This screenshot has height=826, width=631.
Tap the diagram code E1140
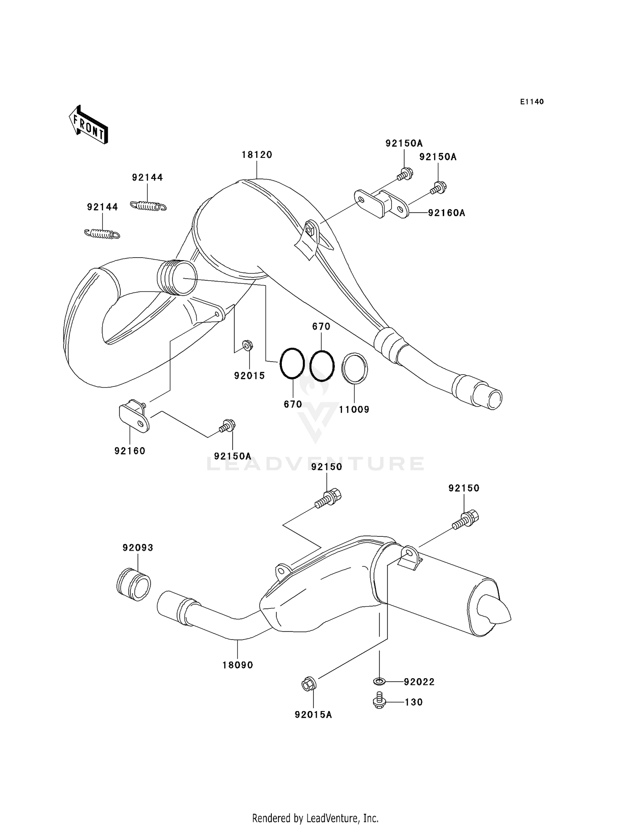[x=532, y=101]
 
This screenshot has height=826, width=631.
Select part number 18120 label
[x=257, y=155]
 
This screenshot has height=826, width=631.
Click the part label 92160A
[x=446, y=213]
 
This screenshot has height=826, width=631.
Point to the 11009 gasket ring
[x=354, y=368]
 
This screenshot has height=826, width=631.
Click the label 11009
[x=354, y=409]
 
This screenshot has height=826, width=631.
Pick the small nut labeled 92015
[x=248, y=346]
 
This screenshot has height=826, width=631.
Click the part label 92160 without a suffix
[x=130, y=451]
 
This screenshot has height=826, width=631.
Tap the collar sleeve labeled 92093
[x=133, y=584]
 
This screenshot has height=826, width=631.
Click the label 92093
[x=138, y=548]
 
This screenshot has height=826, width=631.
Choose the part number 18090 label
[x=238, y=665]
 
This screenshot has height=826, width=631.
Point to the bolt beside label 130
[x=379, y=702]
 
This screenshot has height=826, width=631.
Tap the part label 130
[x=414, y=702]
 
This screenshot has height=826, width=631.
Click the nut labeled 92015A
[x=309, y=685]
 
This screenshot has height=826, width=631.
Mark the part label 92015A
[x=313, y=715]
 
